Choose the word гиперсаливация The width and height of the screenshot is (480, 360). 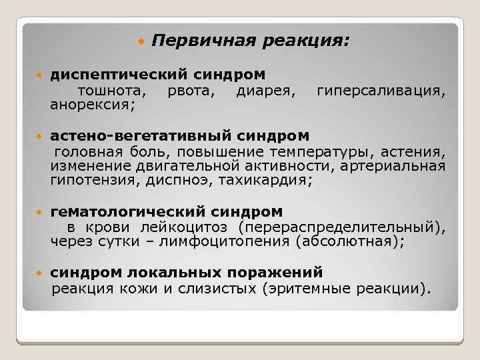381,90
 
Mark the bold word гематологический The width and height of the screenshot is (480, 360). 128,212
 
